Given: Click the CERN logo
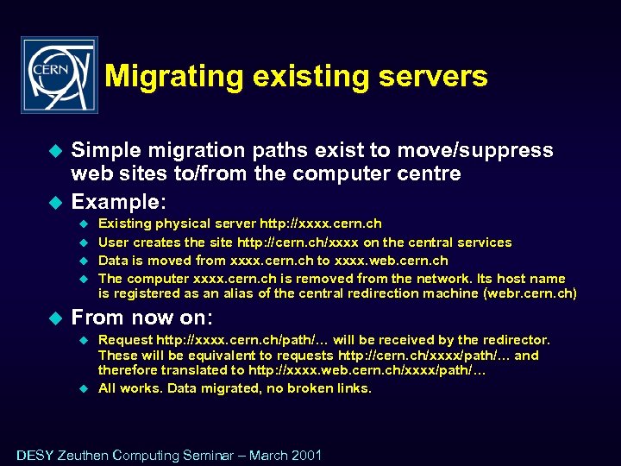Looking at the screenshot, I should pyautogui.click(x=59, y=75).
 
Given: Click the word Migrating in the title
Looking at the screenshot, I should pyautogui.click(x=173, y=77).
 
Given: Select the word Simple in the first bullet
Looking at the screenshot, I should pyautogui.click(x=103, y=150).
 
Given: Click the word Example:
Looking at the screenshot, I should pyautogui.click(x=118, y=202).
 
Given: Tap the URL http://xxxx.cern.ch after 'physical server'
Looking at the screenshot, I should pyautogui.click(x=320, y=224).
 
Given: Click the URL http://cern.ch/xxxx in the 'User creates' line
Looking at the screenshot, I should pyautogui.click(x=298, y=242).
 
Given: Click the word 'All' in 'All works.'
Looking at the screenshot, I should pyautogui.click(x=107, y=388).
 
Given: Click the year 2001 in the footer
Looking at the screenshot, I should pyautogui.click(x=306, y=455).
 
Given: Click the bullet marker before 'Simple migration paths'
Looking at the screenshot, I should pyautogui.click(x=56, y=151).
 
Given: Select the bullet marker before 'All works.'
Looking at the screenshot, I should pyautogui.click(x=85, y=388).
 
